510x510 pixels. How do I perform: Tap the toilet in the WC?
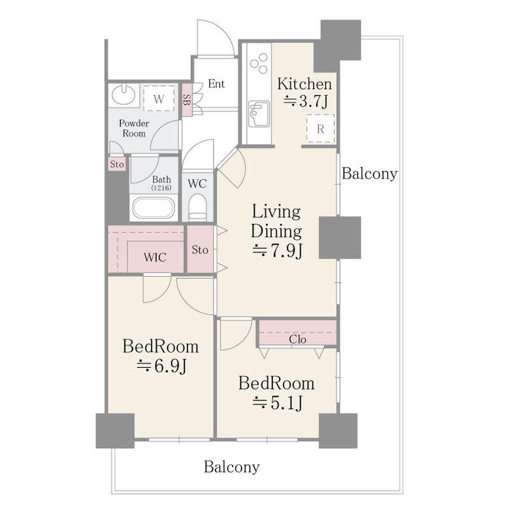click(x=198, y=207)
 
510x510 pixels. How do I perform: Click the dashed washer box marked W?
click(x=159, y=99)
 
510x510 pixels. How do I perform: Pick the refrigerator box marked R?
click(x=321, y=129)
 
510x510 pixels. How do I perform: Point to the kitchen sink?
click(x=259, y=114)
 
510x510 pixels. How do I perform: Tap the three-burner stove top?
click(x=259, y=63)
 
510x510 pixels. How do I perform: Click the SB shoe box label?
click(x=187, y=100)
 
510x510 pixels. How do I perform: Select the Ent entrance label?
click(x=216, y=84)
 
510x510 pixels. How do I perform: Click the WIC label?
click(x=155, y=258)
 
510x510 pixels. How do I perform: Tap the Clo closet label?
click(x=298, y=340)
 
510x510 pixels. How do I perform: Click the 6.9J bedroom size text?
click(x=161, y=367)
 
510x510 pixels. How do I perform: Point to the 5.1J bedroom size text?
click(x=278, y=403)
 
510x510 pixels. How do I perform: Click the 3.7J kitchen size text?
click(x=305, y=101)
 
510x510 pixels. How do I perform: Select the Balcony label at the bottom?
click(x=232, y=467)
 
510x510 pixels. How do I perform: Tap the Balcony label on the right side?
click(x=370, y=173)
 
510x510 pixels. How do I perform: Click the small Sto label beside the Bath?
click(x=117, y=164)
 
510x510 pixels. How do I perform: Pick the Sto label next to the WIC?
click(x=200, y=250)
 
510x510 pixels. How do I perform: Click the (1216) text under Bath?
click(x=161, y=187)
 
